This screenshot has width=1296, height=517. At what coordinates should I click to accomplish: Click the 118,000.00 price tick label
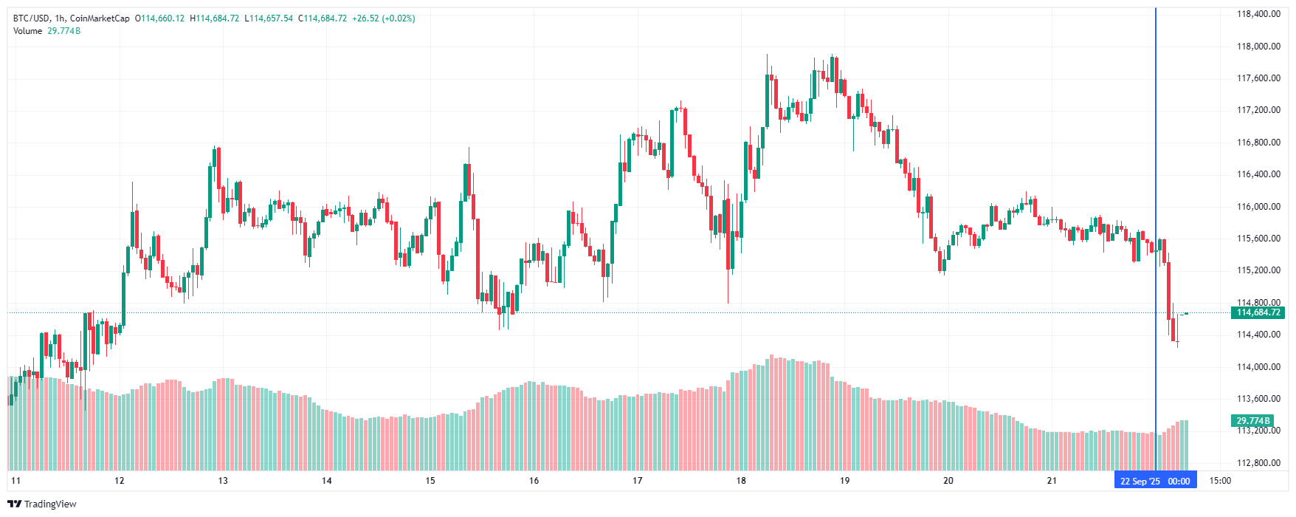1258,46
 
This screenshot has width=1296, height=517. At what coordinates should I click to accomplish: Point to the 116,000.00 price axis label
1258,206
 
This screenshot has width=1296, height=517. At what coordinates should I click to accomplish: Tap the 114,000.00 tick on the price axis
1258,366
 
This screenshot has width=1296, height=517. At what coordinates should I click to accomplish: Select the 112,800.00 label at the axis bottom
1258,462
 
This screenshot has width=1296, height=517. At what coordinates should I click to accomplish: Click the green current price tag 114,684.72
1258,312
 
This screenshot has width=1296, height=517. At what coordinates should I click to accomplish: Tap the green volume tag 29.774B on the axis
1253,420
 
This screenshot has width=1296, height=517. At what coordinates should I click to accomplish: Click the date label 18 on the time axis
741,481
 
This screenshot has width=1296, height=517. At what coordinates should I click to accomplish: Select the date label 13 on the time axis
223,481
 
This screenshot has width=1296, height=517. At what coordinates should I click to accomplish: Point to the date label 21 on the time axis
1052,481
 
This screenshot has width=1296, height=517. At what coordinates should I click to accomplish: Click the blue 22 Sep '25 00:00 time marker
1155,481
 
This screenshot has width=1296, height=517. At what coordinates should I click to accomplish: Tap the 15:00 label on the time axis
1220,481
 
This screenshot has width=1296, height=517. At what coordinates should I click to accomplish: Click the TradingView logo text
43,504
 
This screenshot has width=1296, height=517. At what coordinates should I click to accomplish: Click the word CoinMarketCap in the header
100,18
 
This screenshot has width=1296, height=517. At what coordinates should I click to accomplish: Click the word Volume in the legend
27,31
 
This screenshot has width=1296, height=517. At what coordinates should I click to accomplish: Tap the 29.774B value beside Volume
64,31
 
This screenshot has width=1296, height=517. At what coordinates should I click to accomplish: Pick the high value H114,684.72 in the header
215,18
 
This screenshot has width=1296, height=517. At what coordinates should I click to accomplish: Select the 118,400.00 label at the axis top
1258,14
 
